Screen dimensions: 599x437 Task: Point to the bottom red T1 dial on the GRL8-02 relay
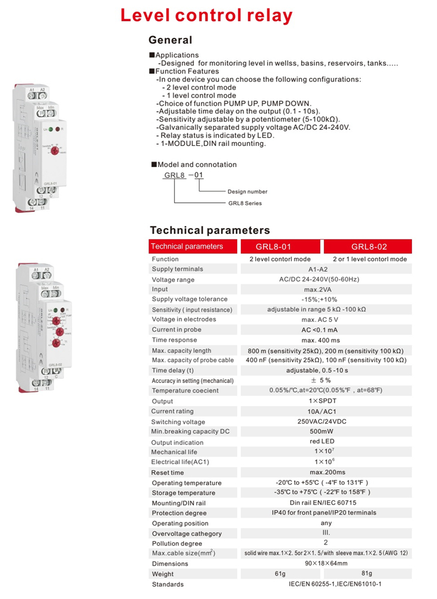55,342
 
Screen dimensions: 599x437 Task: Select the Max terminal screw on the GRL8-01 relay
41,112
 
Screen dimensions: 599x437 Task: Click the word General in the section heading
171,41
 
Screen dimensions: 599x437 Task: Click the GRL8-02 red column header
368,247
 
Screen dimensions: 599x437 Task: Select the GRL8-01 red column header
280,247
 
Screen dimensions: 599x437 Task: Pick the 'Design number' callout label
247,191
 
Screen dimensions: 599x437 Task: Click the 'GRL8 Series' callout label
245,203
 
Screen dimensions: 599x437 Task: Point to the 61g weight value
280,574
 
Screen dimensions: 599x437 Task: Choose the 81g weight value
367,574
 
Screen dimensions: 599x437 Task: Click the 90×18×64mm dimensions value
326,564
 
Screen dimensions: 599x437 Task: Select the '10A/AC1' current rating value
326,412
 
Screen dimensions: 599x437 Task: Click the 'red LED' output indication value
326,442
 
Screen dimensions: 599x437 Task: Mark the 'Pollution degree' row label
177,543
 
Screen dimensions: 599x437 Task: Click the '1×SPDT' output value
326,402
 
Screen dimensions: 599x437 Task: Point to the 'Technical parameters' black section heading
210,230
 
